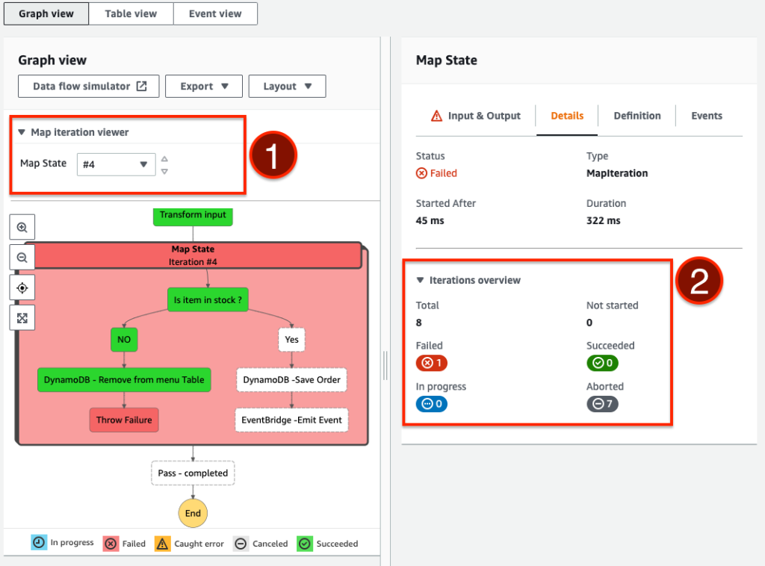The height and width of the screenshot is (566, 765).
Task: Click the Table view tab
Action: click(131, 13)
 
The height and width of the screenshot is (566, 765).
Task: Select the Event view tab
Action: click(215, 13)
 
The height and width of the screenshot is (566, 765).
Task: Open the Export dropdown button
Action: click(204, 86)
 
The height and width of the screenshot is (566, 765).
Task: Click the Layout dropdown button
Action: click(287, 86)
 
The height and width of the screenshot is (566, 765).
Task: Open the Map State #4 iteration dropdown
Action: click(116, 164)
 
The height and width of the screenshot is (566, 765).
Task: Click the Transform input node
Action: click(193, 215)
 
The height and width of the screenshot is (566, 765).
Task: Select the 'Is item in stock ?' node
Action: click(208, 299)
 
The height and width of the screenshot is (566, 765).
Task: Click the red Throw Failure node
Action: click(124, 420)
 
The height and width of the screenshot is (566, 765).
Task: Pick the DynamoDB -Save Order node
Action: click(291, 379)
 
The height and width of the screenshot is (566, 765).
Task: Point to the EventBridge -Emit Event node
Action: click(291, 420)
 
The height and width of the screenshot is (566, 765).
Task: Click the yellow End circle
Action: click(193, 514)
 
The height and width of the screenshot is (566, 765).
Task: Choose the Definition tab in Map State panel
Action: click(637, 116)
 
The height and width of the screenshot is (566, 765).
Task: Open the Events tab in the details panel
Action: click(706, 116)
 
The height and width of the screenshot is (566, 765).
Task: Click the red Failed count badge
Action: click(431, 364)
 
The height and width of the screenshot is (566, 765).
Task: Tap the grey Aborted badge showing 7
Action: click(602, 404)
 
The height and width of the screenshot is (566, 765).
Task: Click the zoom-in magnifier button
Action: click(22, 227)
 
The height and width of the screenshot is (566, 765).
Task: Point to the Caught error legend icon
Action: click(163, 544)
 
